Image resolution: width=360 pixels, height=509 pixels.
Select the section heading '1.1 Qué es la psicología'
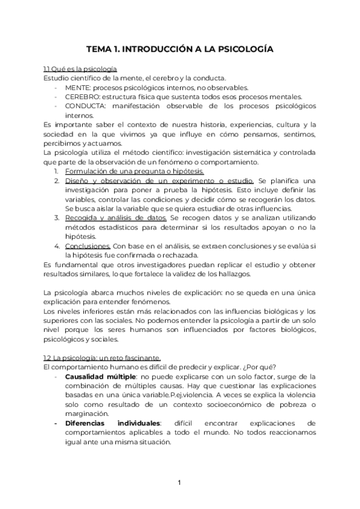pos(80,69)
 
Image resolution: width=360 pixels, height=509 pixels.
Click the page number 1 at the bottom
pos(179,482)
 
